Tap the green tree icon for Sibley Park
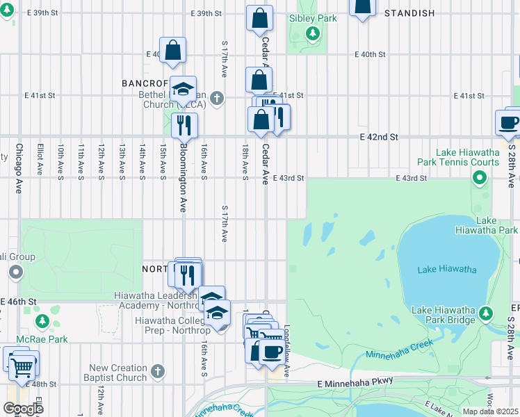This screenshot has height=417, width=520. point(313,33)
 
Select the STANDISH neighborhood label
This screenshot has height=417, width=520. point(409,13)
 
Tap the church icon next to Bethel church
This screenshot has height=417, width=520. point(217,98)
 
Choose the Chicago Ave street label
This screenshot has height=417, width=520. point(19,168)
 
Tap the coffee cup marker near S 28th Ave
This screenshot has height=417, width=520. point(508,122)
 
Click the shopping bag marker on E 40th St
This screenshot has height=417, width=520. point(173,50)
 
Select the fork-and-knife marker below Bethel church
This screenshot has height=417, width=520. point(184,125)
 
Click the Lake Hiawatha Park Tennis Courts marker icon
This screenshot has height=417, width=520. point(479,179)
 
